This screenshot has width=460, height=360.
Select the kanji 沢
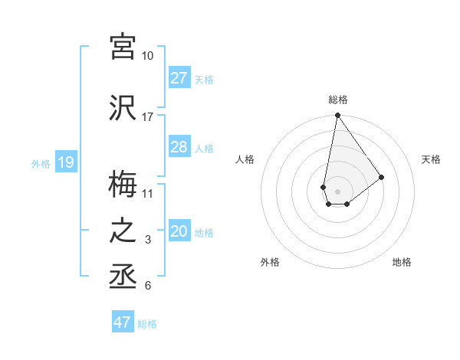123,107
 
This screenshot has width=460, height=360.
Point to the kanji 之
123,231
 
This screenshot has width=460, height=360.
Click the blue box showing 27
179,78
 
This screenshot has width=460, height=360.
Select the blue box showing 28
179,147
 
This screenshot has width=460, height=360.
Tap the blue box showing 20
179,231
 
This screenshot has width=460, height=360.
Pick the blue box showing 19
65,162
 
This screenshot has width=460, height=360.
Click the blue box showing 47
123,322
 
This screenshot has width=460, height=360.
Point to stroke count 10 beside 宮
147,56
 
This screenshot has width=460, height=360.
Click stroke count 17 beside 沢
147,117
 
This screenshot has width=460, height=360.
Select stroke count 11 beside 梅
147,193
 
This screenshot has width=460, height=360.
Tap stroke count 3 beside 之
147,241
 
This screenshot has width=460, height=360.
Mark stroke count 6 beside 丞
147,286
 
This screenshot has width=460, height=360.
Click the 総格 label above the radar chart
337,100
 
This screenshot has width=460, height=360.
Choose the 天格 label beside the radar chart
431,159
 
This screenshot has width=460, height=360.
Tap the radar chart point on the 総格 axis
337,116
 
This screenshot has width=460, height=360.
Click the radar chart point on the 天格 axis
381,176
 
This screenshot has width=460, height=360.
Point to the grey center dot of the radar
337,190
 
